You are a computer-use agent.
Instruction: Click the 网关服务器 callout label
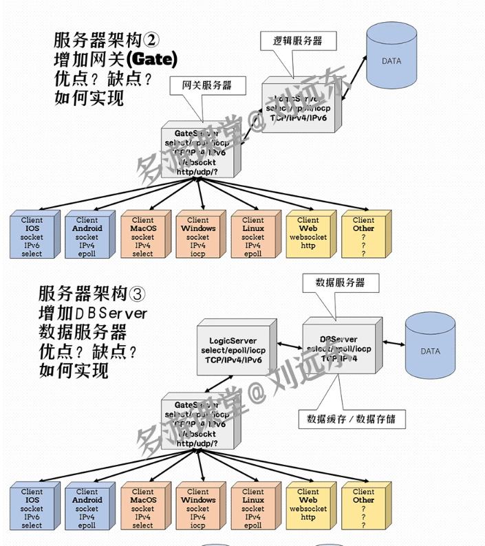click(206, 86)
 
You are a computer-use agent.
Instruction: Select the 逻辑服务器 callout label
click(297, 41)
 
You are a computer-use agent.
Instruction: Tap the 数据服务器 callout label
click(339, 283)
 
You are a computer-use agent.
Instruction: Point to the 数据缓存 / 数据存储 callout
click(351, 417)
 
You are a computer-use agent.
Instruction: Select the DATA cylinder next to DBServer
click(430, 351)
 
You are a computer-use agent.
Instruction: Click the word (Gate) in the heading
click(152, 58)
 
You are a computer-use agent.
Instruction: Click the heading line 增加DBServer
click(92, 314)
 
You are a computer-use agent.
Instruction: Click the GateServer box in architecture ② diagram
click(200, 152)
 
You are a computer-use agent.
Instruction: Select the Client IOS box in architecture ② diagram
click(32, 237)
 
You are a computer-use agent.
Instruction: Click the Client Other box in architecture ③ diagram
click(363, 508)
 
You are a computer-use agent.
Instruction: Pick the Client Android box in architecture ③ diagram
click(87, 508)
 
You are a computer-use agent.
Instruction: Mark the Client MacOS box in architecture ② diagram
click(142, 237)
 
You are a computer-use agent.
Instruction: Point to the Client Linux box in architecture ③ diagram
click(252, 508)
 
